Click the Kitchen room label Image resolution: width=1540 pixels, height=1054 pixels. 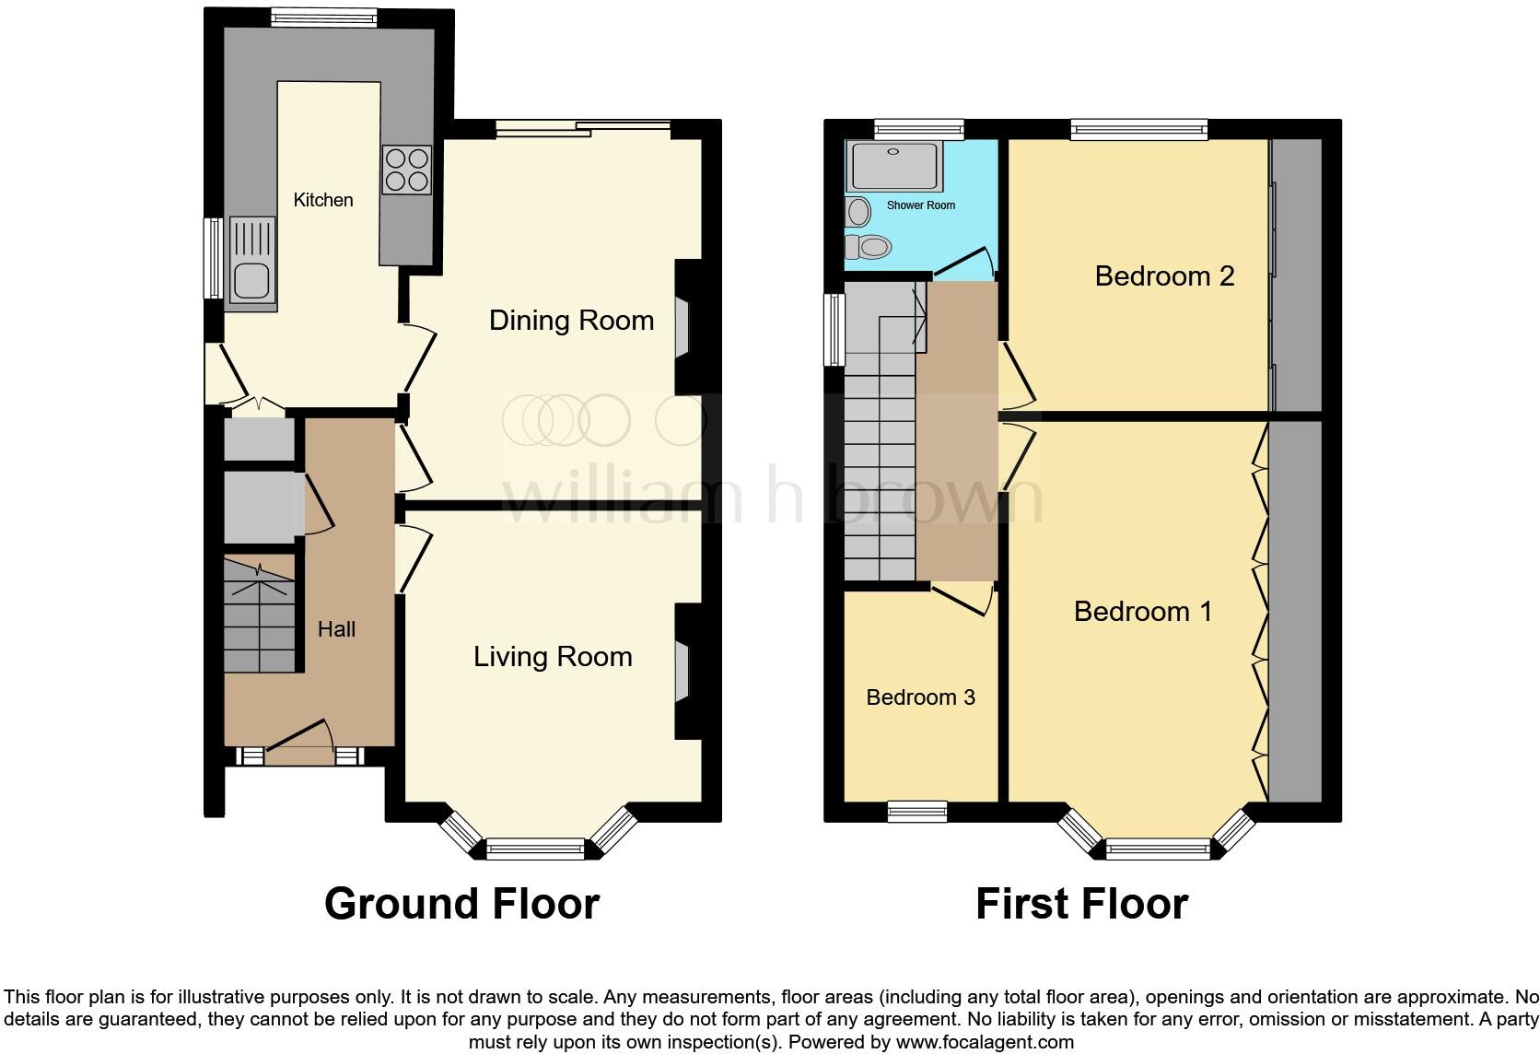coord(323,200)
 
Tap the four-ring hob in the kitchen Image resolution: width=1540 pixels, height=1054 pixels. coord(407,170)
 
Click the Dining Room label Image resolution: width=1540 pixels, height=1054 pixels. coord(571,321)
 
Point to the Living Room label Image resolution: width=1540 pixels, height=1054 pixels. coord(553,657)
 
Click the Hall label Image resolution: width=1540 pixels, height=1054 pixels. coord(336,629)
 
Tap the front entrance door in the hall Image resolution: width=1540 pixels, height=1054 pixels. coord(299,744)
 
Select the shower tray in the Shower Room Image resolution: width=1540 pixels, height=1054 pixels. coord(893,166)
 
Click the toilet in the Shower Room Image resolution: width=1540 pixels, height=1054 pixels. coord(869,246)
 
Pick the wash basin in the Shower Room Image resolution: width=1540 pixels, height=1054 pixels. coord(858,212)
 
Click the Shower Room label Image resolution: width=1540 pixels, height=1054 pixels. coord(920,205)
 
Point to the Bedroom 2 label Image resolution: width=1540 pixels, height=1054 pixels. coord(1164,276)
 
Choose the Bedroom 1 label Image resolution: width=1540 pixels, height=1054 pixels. coord(1143,611)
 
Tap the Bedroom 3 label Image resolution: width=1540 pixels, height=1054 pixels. coord(920,697)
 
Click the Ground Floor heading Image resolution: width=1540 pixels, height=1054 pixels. coord(462,904)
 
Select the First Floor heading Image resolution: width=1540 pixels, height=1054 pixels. coord(1082,904)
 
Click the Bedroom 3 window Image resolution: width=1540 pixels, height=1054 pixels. coord(917,812)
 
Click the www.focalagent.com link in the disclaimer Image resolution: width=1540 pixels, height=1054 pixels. coord(985,1042)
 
